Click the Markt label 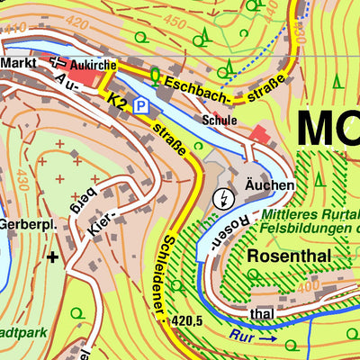17,63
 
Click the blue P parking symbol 141,106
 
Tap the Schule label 220,120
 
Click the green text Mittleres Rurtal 310,216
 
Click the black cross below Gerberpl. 53,258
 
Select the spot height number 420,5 193,319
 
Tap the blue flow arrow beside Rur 267,339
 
